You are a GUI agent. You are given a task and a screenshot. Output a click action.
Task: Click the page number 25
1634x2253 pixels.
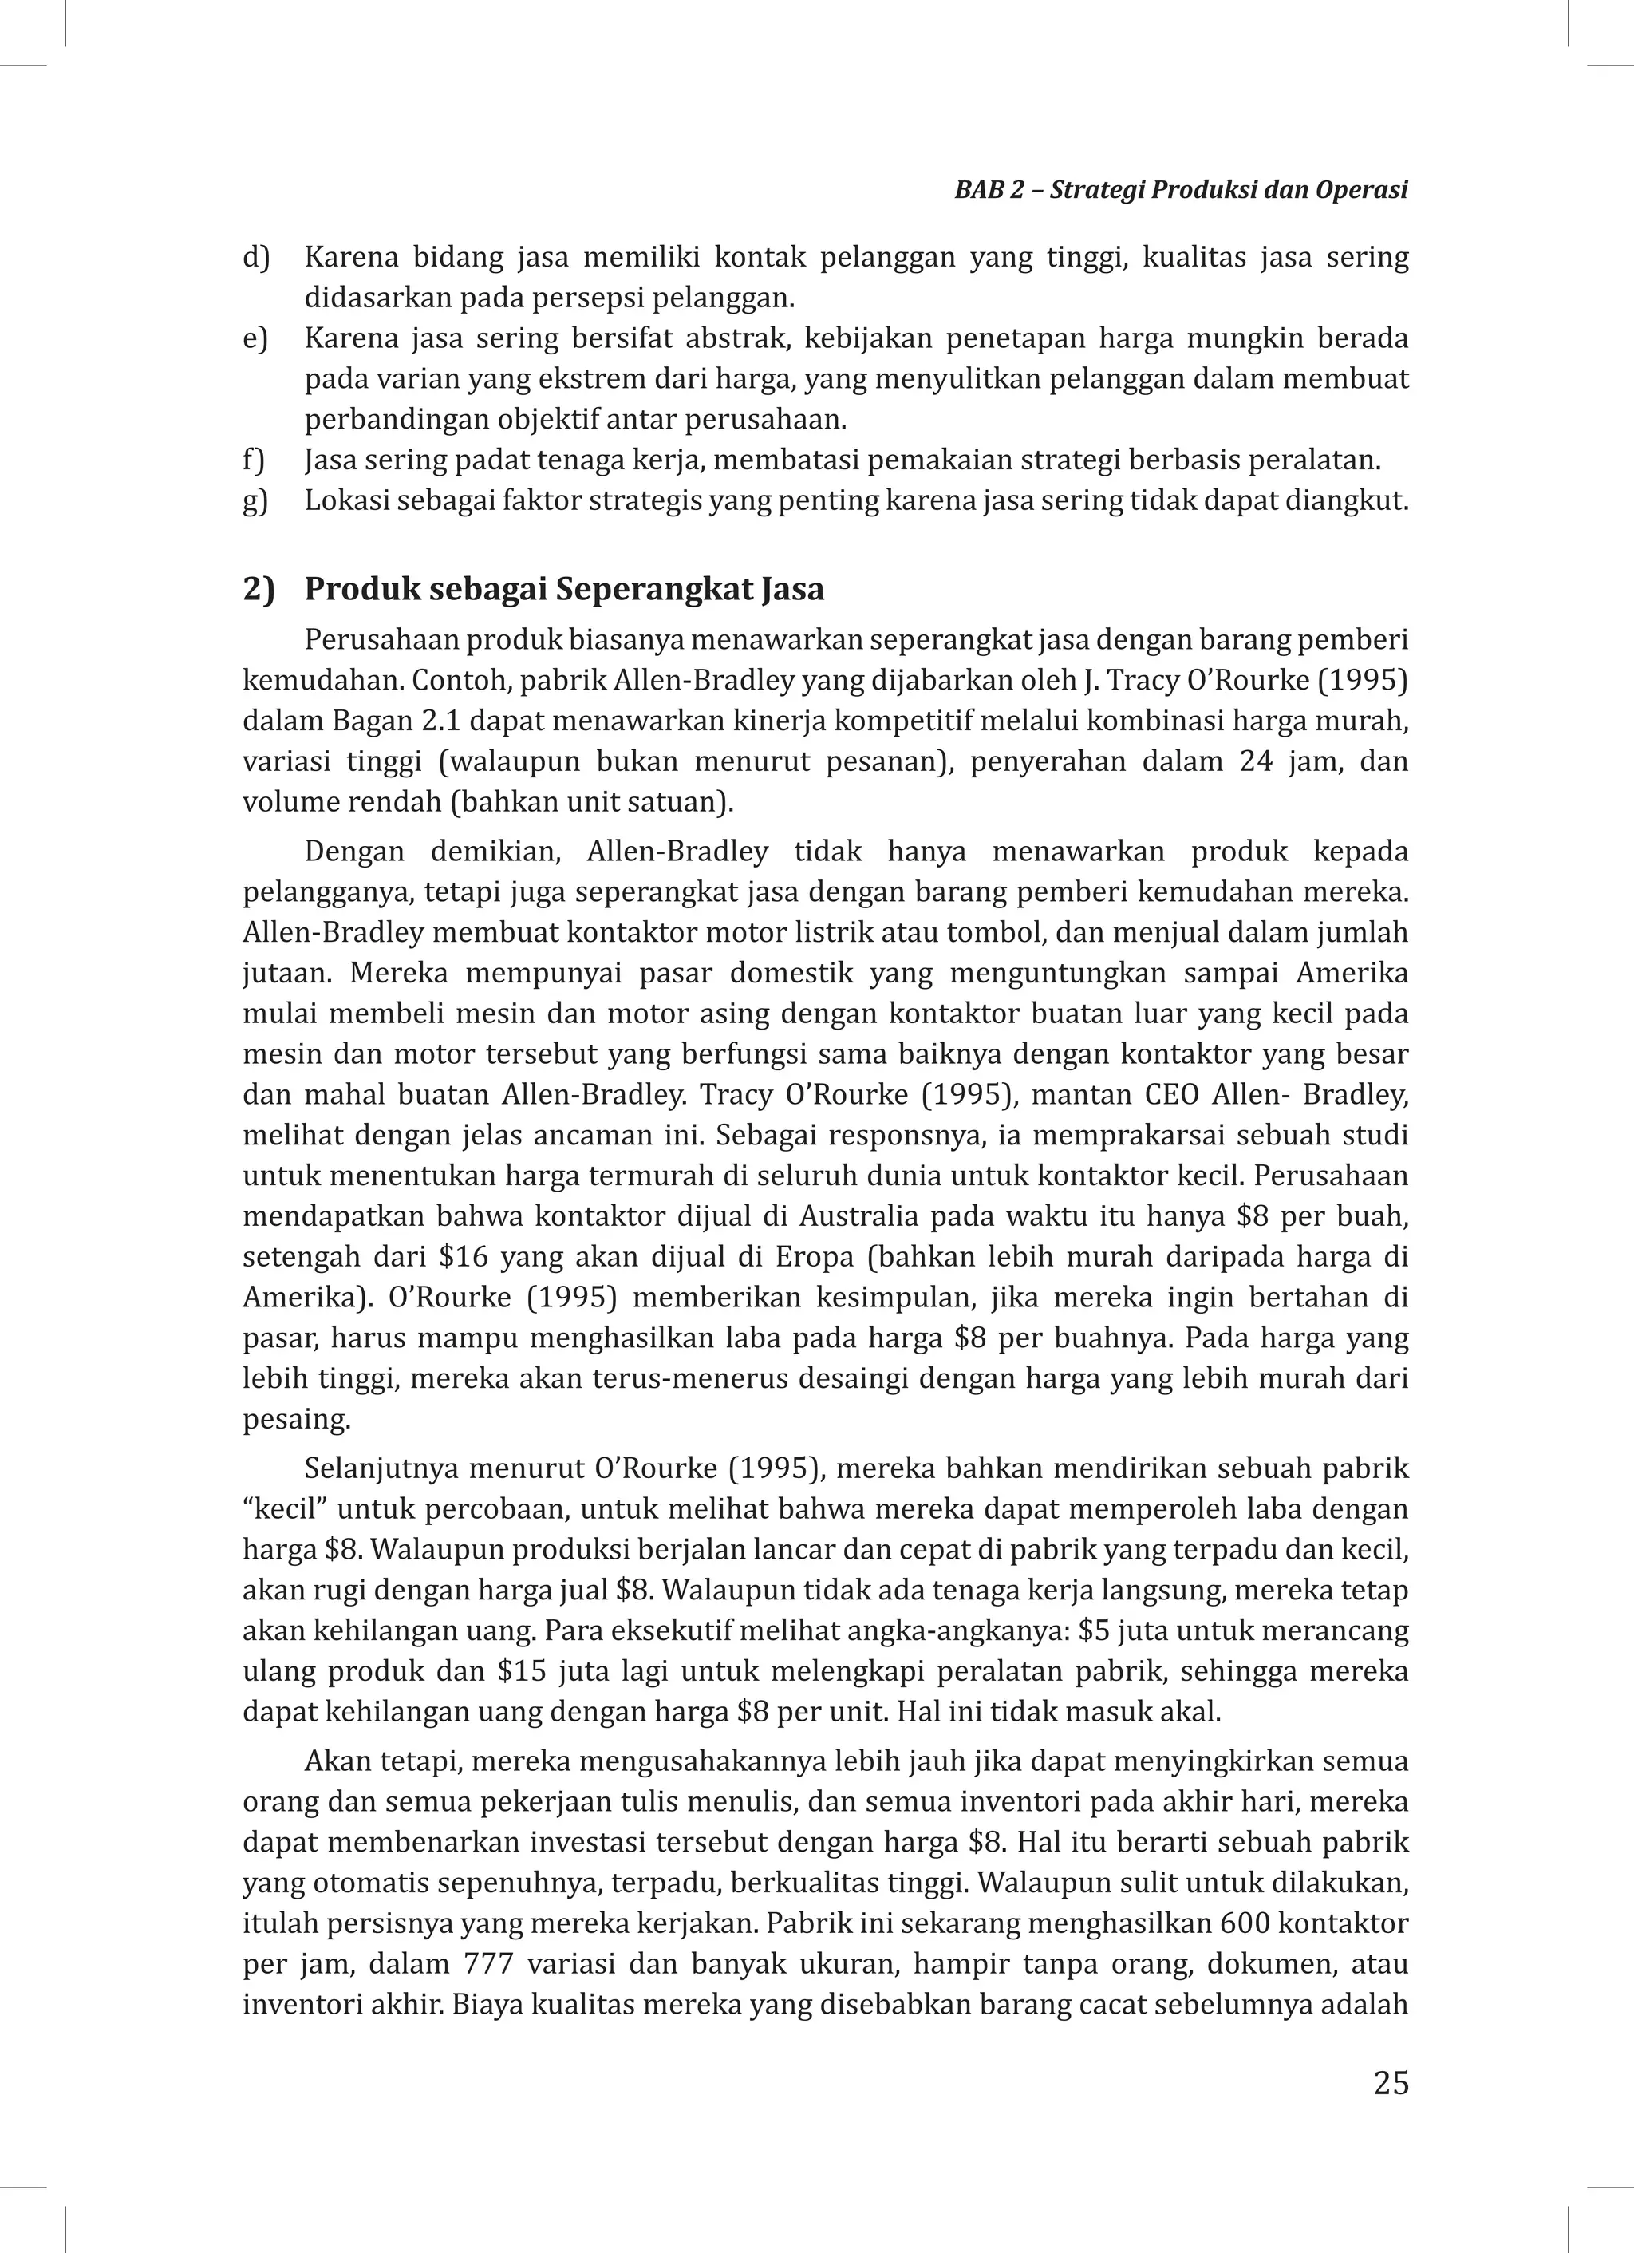1391,2082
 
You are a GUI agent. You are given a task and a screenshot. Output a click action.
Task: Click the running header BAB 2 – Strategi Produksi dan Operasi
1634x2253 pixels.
1181,191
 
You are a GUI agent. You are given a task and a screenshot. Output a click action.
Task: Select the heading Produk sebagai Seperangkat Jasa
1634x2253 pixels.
563,589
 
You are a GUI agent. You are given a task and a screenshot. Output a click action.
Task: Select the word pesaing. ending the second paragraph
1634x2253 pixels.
296,1420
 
